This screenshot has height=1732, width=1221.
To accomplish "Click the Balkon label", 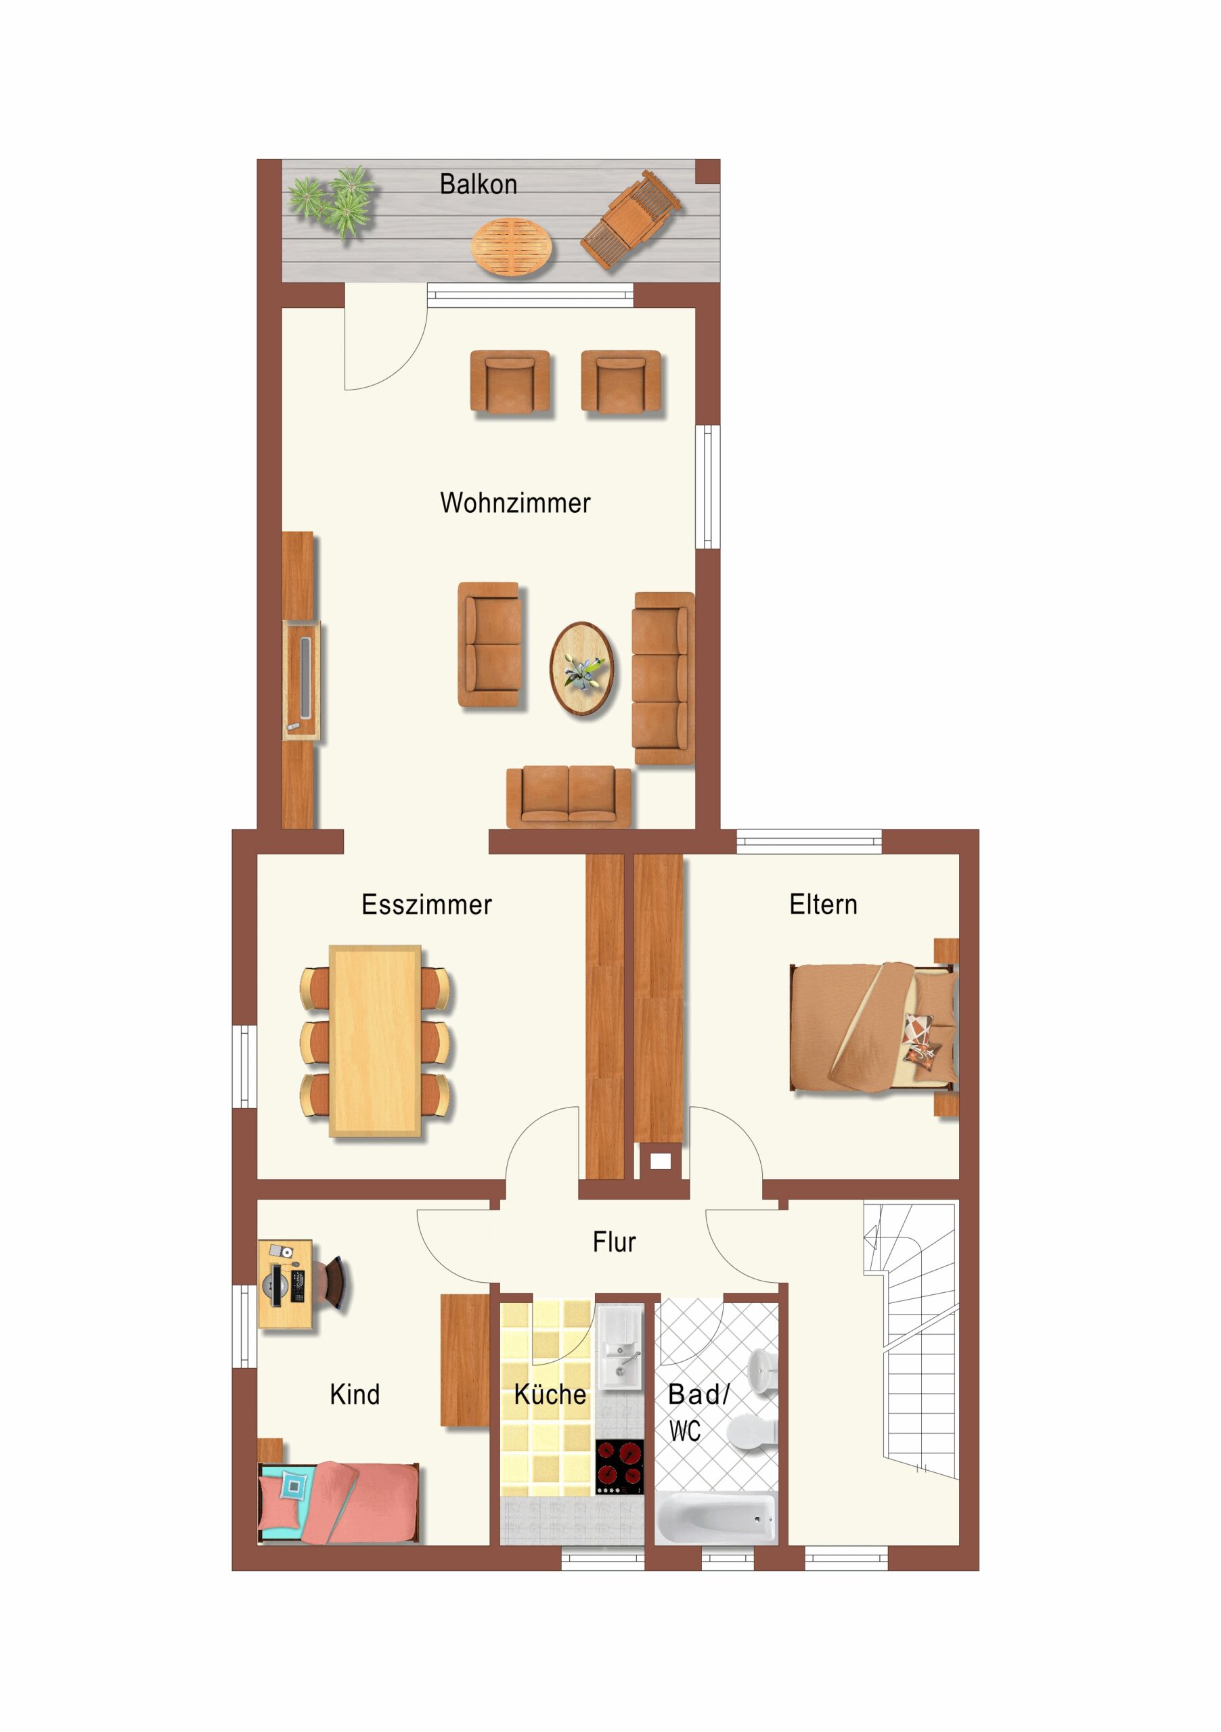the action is (479, 184).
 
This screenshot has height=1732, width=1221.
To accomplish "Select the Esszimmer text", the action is (426, 905).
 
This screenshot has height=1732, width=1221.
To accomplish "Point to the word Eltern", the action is (823, 905).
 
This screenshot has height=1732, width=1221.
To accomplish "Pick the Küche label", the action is (550, 1394).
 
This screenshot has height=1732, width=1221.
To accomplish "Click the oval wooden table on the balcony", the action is (511, 246).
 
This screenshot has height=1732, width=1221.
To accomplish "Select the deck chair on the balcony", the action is (631, 219).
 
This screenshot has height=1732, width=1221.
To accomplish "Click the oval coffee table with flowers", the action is (581, 668).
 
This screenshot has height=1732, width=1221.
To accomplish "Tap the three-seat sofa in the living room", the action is (663, 678).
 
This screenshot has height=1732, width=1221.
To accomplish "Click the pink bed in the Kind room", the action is (338, 1503).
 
